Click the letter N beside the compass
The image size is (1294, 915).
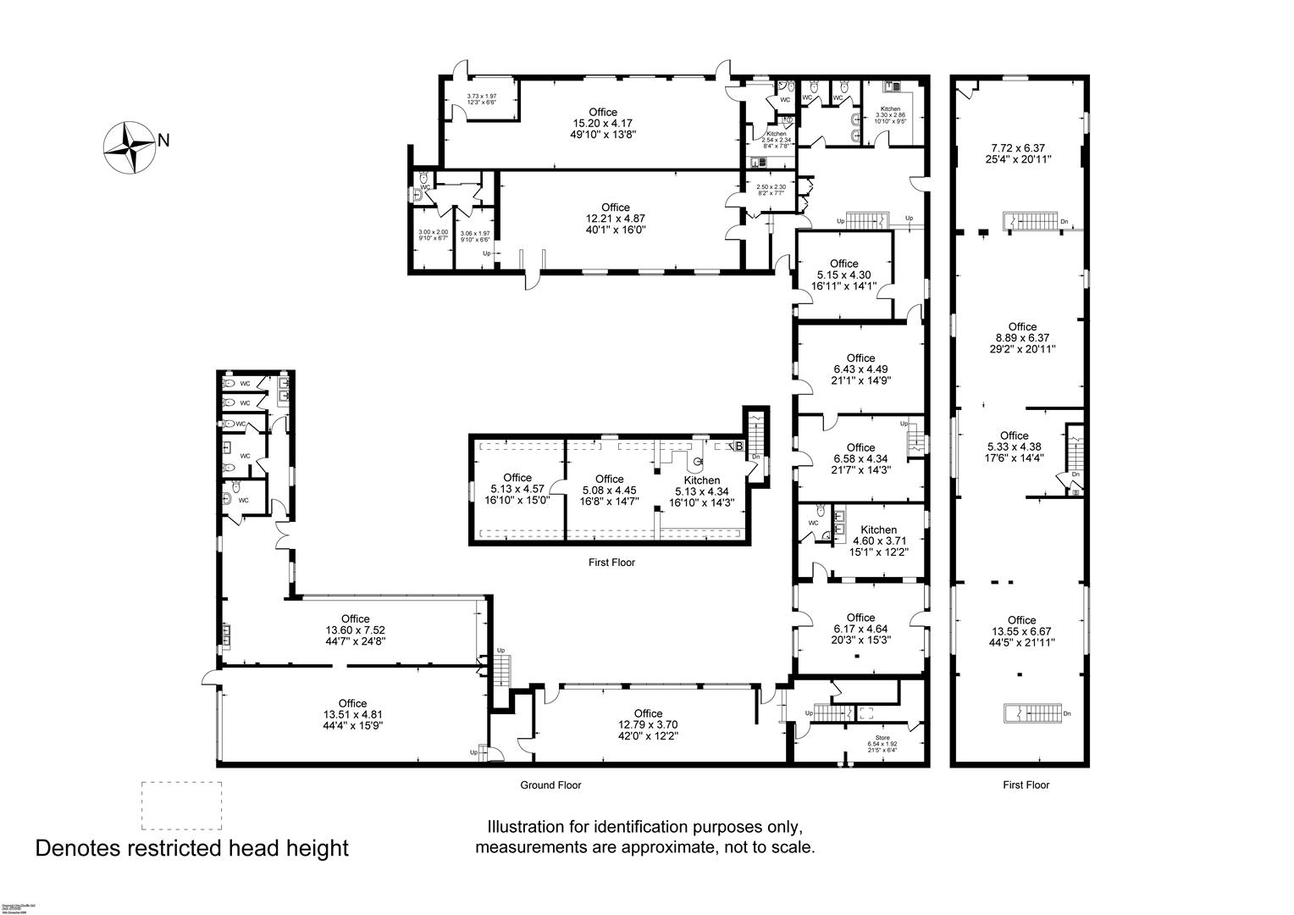coord(164,141)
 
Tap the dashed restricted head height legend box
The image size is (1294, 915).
coord(181,805)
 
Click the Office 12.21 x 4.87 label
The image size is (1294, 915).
coord(616,218)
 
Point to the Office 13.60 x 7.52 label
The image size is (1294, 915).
coord(356,630)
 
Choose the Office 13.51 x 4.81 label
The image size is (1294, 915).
coord(352,714)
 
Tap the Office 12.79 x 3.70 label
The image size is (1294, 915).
coord(648,724)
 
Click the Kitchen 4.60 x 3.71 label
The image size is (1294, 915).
coord(878,541)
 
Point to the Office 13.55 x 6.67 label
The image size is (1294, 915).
coord(1022,631)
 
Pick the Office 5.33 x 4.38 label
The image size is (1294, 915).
coord(1014,446)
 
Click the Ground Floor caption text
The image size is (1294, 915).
coord(550,785)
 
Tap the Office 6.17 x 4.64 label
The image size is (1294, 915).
coord(860,629)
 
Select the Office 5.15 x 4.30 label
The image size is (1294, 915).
coord(843,274)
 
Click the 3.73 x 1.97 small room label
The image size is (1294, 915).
coord(481,99)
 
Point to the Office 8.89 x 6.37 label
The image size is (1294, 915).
coord(1022,337)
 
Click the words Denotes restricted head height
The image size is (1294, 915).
coord(191,848)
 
